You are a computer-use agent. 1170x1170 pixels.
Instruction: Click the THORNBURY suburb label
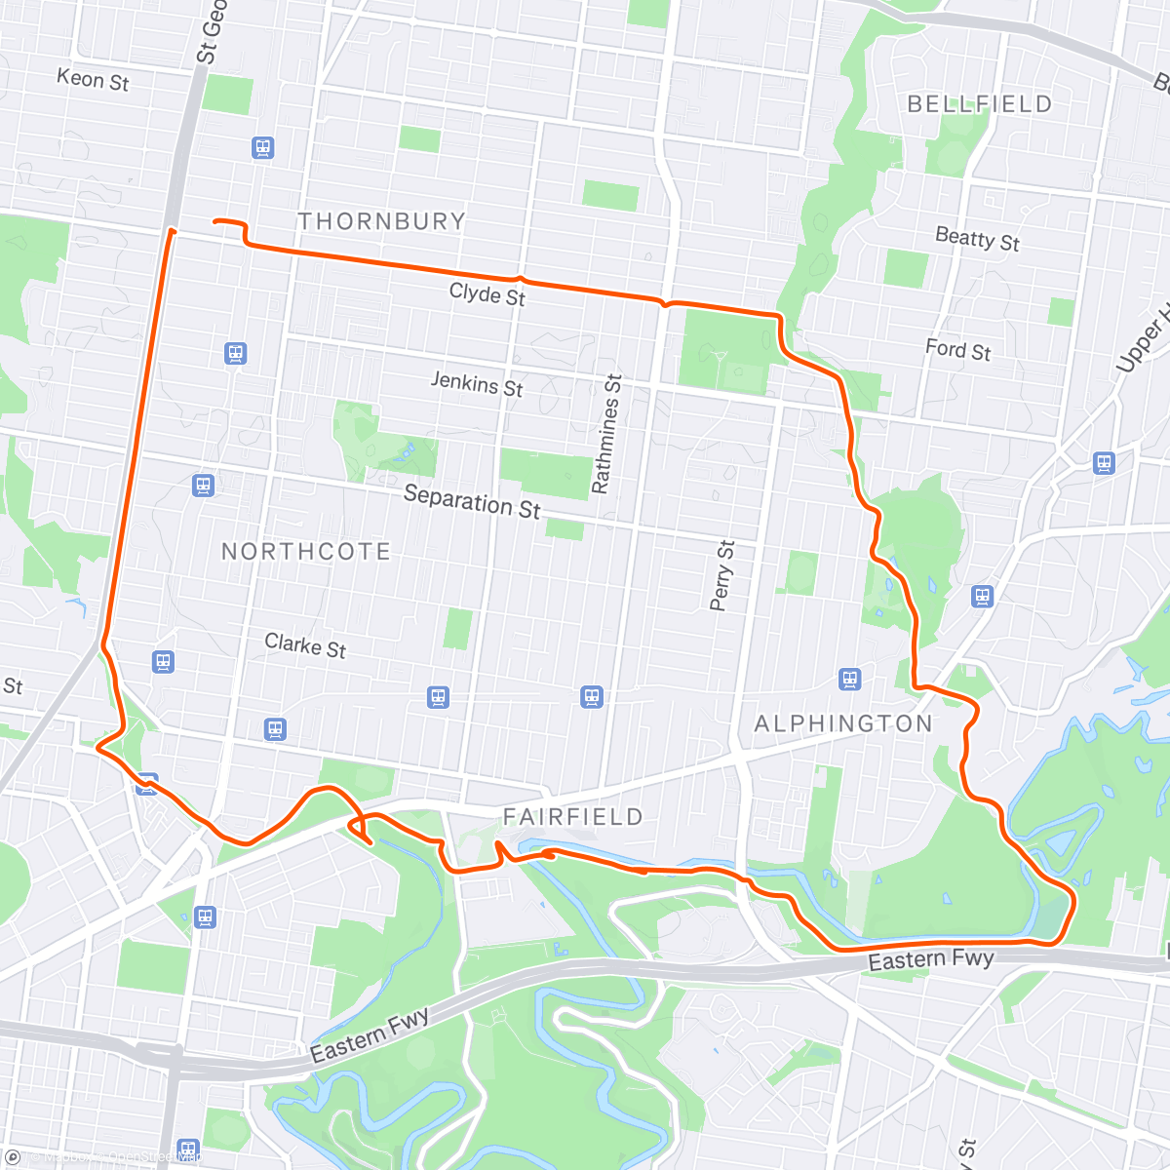[x=381, y=221]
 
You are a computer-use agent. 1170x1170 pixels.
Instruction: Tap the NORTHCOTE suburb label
[x=305, y=552]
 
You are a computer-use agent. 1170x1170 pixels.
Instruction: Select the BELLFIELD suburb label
[x=979, y=104]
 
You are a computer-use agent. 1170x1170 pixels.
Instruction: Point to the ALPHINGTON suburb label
[x=843, y=723]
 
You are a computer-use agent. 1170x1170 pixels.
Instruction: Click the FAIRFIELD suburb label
[x=572, y=817]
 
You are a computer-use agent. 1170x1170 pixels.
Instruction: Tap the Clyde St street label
[x=487, y=293]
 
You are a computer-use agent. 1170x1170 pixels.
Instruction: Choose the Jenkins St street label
[x=477, y=385]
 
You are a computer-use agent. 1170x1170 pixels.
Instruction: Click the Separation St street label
[x=472, y=502]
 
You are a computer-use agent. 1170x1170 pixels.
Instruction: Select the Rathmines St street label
[x=605, y=434]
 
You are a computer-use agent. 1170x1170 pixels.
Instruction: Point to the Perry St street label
[x=721, y=575]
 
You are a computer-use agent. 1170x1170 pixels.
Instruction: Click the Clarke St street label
[x=305, y=645]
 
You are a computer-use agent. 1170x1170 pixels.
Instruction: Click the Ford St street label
[x=957, y=350]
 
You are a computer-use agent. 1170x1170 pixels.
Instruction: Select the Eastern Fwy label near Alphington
[x=930, y=959]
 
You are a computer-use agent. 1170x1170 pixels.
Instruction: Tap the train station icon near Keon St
[x=262, y=148]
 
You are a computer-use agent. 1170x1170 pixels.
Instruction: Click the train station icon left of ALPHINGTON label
[x=850, y=680]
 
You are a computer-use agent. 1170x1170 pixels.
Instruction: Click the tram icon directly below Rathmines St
[x=592, y=697]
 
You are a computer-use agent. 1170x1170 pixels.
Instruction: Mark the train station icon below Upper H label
[x=1104, y=463]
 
